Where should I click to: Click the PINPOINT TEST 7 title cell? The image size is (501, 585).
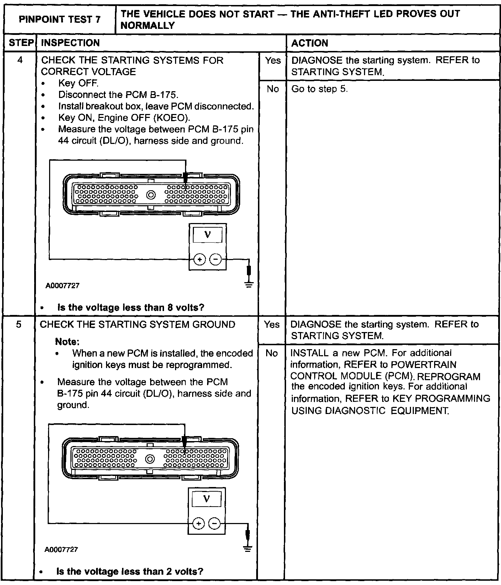click(59, 19)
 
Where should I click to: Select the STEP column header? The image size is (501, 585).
click(21, 43)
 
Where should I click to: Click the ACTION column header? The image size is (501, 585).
click(310, 43)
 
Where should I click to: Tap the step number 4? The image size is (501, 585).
click(20, 60)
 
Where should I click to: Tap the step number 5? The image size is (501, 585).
click(19, 324)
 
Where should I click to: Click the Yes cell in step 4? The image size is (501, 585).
click(273, 61)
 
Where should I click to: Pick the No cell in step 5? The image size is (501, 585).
click(271, 353)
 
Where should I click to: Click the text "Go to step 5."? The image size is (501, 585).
click(319, 89)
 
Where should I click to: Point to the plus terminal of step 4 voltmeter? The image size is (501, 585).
click(200, 259)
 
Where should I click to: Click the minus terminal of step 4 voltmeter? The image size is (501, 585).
click(215, 259)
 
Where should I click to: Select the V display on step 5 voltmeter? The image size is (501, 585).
click(206, 499)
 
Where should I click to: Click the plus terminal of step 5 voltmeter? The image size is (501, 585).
click(199, 523)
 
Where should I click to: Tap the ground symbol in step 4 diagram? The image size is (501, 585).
click(249, 285)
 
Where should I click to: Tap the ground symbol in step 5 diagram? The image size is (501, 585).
click(247, 549)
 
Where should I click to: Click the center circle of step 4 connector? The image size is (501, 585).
click(152, 195)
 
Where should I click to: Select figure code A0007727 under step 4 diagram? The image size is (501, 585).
click(62, 286)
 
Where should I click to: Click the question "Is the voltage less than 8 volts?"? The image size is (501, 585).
click(131, 307)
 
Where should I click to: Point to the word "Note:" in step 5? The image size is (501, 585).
click(67, 342)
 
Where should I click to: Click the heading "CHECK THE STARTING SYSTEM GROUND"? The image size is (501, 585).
click(138, 325)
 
